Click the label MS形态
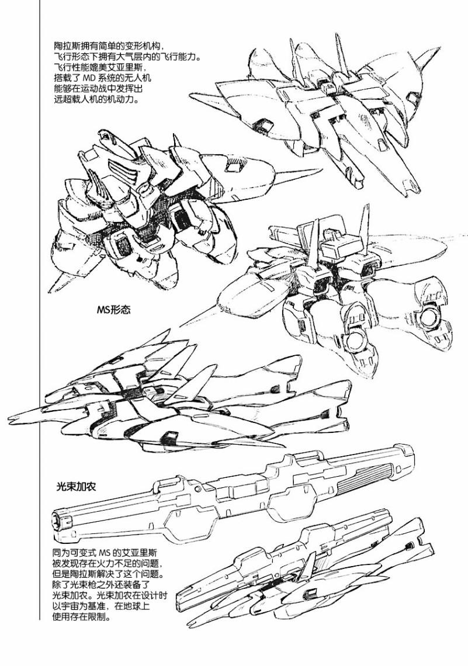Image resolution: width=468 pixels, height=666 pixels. coord(113,310)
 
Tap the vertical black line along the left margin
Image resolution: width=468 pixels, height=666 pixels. coord(40,310)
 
